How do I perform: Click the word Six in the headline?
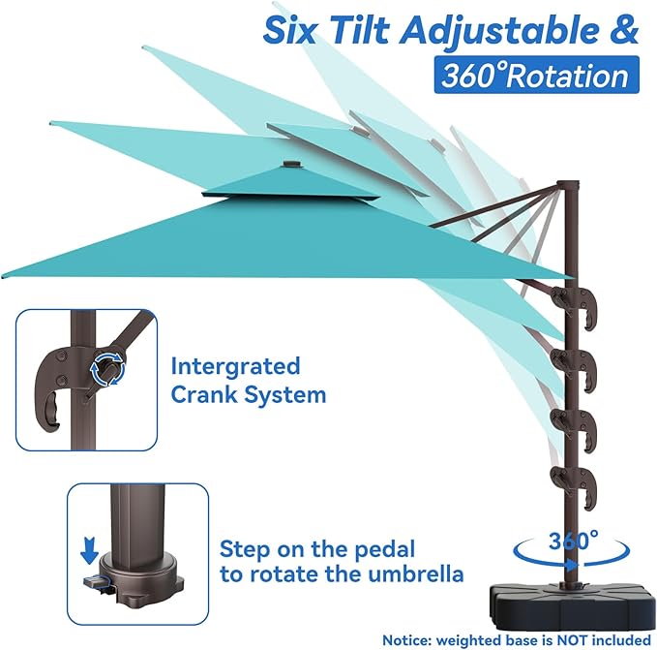point(289,29)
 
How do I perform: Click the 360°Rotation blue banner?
point(536,75)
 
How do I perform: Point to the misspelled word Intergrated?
point(235,367)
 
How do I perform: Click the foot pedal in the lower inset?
point(96,582)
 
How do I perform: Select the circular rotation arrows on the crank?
point(108,369)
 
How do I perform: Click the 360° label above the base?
point(573,541)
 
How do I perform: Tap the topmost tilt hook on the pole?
point(574,305)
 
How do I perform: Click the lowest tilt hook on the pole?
point(573,486)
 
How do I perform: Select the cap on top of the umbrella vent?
point(289,164)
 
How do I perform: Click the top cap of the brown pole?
point(568,185)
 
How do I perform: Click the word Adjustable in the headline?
point(497,29)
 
